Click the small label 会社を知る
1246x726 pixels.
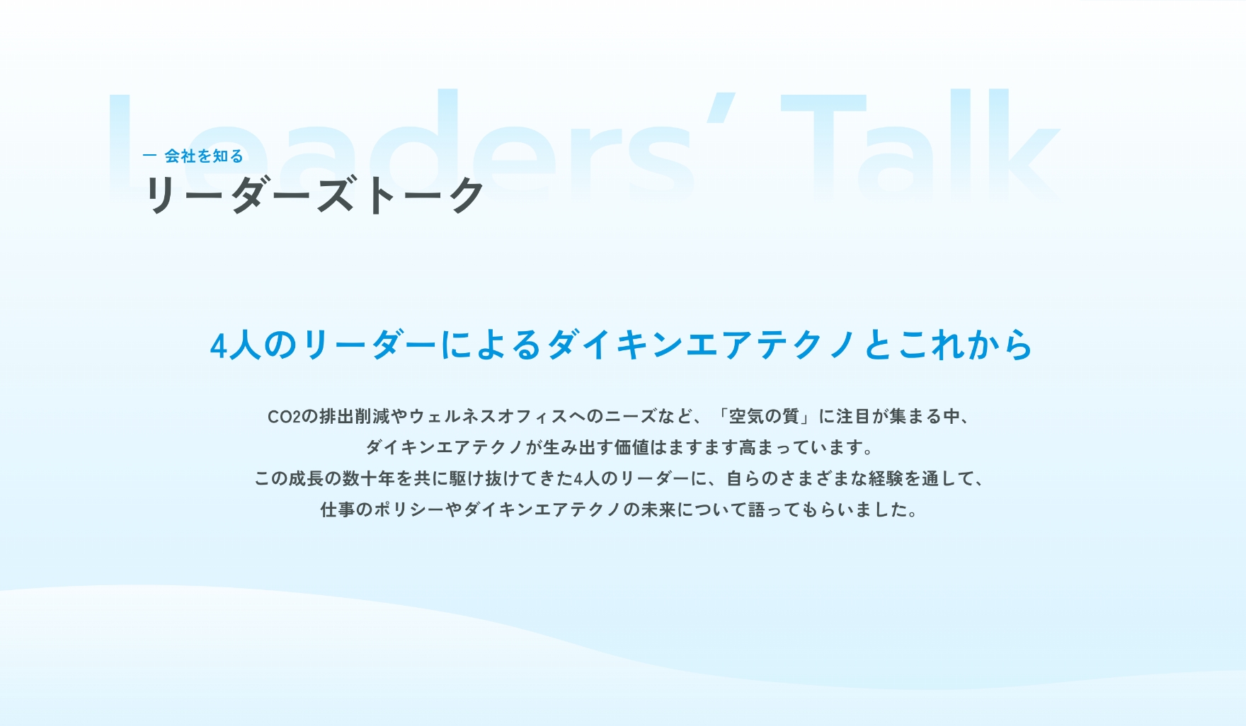204,156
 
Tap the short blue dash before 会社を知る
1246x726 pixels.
149,155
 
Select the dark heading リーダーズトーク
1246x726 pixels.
314,195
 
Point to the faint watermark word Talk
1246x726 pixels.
920,145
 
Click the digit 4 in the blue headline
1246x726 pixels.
219,346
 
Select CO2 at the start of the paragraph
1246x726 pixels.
284,417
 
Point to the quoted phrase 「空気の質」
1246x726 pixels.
764,417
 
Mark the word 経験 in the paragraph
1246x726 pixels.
886,479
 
